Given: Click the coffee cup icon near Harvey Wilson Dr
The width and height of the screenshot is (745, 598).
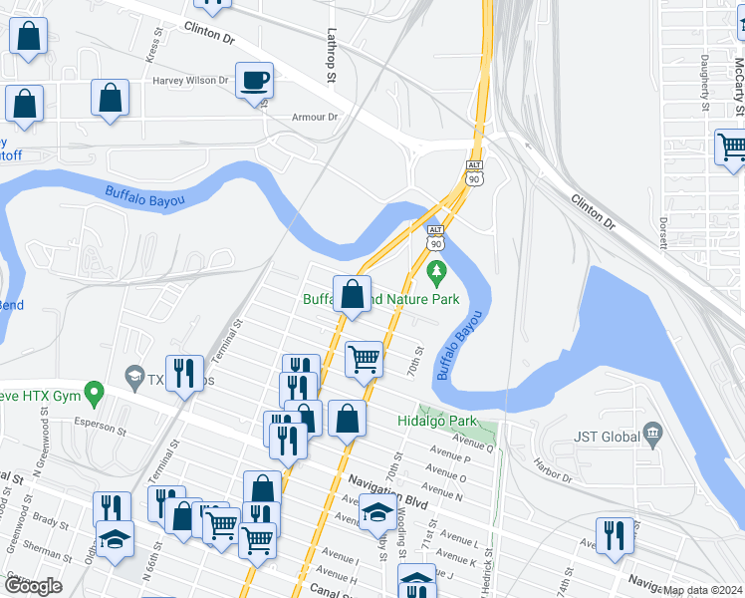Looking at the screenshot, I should point(254,79).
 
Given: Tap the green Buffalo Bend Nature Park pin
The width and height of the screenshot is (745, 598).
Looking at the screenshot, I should point(436,271).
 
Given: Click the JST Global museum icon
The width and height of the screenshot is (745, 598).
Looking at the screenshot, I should point(652,434).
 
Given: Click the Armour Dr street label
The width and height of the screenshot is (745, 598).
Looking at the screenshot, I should point(315,117).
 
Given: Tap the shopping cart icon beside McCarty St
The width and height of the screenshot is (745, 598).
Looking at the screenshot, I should point(731,147).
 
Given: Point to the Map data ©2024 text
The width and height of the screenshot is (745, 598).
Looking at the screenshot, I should point(703,590).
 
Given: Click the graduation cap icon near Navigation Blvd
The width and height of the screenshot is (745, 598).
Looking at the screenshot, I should point(375,513).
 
